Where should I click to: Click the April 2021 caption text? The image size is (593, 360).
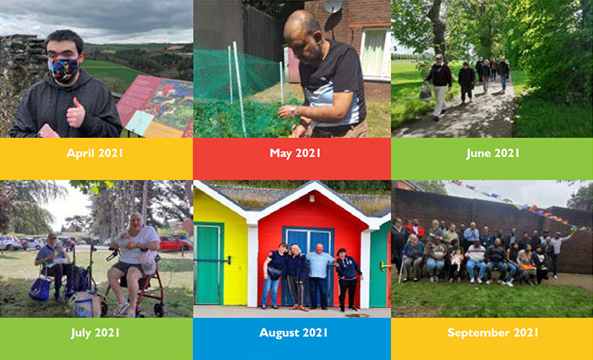coord(95,153)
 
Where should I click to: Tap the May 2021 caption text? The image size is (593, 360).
coord(295,153)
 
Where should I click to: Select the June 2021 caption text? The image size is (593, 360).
coord(493,153)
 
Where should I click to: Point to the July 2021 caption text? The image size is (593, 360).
coord(95,333)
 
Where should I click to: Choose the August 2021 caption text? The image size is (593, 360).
coord(293,333)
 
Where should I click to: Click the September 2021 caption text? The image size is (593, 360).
coord(493,333)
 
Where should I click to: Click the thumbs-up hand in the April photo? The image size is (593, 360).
coord(75,113)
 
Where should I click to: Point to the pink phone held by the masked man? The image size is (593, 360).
coord(47,131)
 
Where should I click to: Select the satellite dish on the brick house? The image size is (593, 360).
coord(333,7)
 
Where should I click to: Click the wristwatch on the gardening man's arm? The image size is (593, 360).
coord(292,111)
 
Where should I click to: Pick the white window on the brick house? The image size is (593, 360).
coord(375,52)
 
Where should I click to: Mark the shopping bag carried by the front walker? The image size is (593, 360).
coord(425,93)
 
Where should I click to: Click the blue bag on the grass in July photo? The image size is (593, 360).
coord(41,288)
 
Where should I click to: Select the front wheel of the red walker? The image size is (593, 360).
coord(159,310)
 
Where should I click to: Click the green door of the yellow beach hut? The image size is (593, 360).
coord(208,265)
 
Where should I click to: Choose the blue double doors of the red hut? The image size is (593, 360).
coord(308,264)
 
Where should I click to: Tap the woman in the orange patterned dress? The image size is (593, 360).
coord(527,263)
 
